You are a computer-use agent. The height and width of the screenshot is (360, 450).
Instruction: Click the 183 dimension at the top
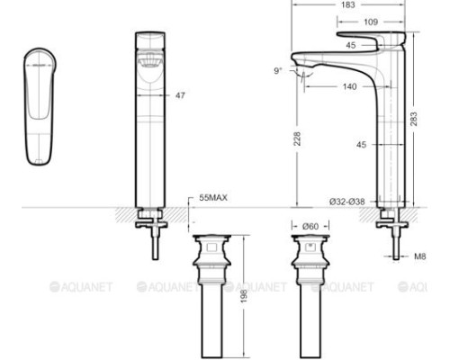click(346, 5)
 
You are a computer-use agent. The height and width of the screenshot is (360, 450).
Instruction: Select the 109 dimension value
click(369, 21)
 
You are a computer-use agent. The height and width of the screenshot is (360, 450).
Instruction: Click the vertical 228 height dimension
click(296, 139)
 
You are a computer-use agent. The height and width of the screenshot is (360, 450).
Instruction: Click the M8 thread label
click(419, 256)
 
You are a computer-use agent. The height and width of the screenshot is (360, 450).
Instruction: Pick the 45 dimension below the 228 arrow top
click(360, 144)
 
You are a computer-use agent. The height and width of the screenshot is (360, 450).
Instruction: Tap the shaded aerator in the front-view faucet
click(149, 62)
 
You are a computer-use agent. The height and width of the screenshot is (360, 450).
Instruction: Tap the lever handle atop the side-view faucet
click(368, 40)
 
